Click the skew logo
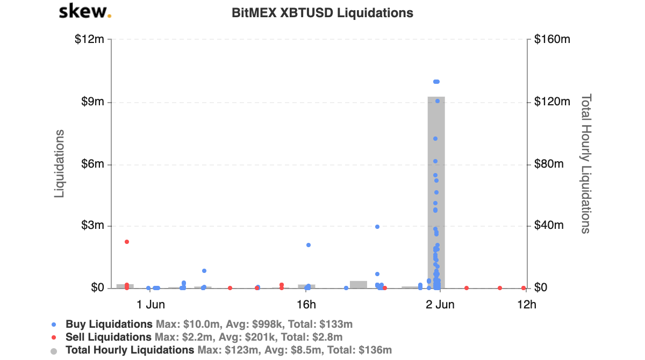pos(85,11)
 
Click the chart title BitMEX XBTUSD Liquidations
pos(322,13)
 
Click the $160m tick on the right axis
pos(552,40)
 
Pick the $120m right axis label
pos(552,102)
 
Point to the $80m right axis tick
pos(550,164)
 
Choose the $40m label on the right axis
pos(550,226)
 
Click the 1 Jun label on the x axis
pos(150,305)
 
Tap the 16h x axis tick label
pos(306,305)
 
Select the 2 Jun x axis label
pos(440,305)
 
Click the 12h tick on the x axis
pos(526,305)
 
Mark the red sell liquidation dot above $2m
pos(127,242)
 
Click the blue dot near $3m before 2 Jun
pos(377,227)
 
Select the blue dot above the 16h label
pos(309,245)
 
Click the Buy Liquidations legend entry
pos(109,325)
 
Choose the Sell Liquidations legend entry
pos(109,337)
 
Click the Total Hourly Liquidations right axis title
pos(586,164)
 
